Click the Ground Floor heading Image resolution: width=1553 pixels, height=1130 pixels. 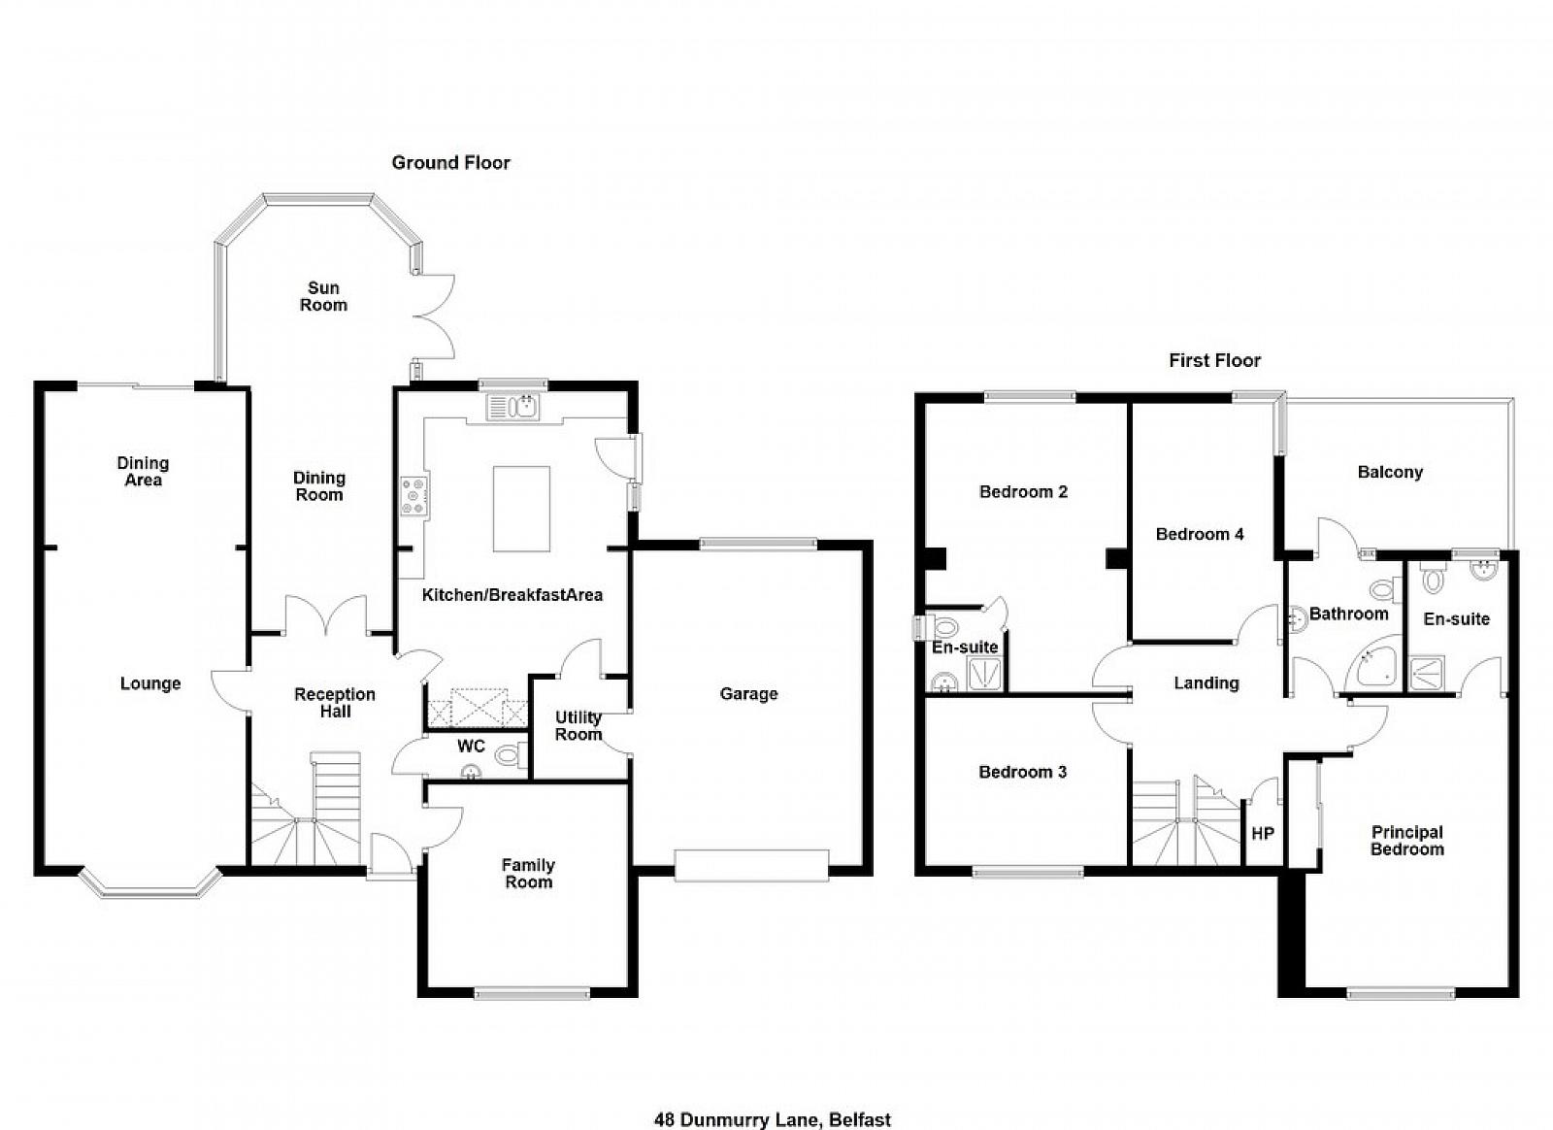[450, 163]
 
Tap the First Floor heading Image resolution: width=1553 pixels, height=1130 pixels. [1214, 360]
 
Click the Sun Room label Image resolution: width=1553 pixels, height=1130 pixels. [323, 297]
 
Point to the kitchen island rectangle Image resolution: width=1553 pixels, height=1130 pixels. [521, 509]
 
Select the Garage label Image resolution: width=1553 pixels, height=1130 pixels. [748, 694]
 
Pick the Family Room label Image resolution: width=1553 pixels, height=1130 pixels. [528, 874]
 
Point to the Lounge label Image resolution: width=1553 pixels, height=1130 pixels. [150, 684]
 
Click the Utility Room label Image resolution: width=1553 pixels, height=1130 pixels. [578, 726]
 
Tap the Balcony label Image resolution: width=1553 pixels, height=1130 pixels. [1390, 473]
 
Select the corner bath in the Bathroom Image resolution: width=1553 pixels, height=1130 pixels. [1373, 662]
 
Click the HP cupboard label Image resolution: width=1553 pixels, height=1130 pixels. [1263, 833]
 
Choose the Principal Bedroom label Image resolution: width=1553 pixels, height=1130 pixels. [1407, 841]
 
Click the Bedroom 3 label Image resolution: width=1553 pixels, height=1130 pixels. [1023, 773]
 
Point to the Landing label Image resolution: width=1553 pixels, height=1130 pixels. [1206, 683]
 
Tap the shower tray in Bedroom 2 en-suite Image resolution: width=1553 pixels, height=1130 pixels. [984, 673]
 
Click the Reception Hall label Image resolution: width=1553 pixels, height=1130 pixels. [335, 703]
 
